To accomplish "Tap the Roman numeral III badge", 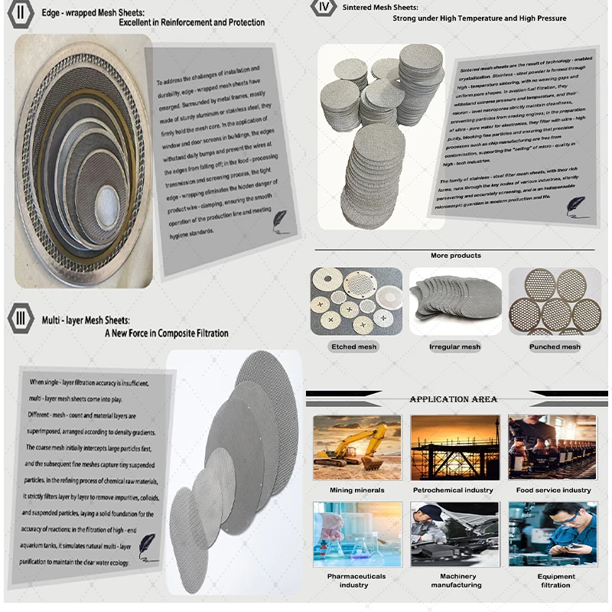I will pyautogui.click(x=21, y=317).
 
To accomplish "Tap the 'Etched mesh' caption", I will pyautogui.click(x=354, y=347).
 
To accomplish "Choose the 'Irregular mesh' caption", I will pyautogui.click(x=455, y=347).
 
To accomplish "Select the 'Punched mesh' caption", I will pyautogui.click(x=555, y=347).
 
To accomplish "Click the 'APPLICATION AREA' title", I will pyautogui.click(x=454, y=399).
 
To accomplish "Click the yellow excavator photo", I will pyautogui.click(x=357, y=448).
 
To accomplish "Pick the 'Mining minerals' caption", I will pyautogui.click(x=357, y=490).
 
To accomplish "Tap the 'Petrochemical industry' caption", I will pyautogui.click(x=453, y=490).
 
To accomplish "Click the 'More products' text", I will pyautogui.click(x=456, y=256).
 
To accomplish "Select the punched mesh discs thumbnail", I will pyautogui.click(x=555, y=302).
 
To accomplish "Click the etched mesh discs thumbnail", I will pyautogui.click(x=356, y=301).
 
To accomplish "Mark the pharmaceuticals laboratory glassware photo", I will pyautogui.click(x=356, y=534).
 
